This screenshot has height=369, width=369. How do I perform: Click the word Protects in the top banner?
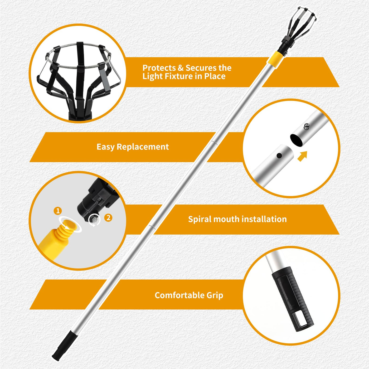click(159, 68)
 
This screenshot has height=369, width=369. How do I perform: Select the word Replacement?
click(143, 147)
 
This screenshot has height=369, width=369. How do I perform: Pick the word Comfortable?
click(179, 295)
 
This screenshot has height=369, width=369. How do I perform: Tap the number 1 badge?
click(58, 211)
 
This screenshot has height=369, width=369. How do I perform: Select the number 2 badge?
click(108, 218)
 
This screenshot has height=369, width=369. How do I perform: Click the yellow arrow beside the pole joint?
click(302, 156)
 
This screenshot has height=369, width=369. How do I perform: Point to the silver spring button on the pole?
click(306, 126)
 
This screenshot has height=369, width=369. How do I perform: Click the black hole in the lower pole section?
click(279, 156)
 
